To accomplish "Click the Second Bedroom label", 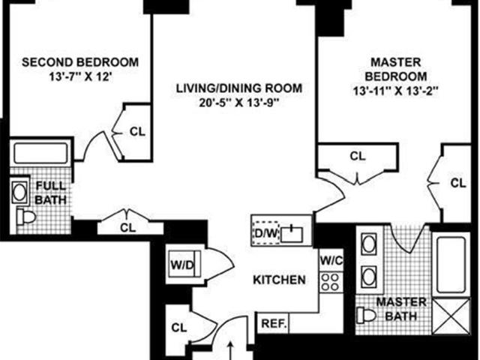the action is [80, 62].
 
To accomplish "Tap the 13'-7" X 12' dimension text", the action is [80, 76].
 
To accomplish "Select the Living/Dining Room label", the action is [239, 88].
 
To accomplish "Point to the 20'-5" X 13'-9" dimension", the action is [239, 103].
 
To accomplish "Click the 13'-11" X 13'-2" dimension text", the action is [396, 91].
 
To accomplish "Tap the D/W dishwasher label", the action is [265, 233].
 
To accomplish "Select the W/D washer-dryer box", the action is [183, 264].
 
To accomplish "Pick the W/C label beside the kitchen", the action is [331, 260].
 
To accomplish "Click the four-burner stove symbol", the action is [331, 282].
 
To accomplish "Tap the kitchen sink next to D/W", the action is [292, 233].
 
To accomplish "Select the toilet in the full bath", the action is [26, 217].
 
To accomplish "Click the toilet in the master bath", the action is [367, 314].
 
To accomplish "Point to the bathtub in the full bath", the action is [40, 153].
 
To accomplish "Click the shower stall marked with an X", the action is [451, 316].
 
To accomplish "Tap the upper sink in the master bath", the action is [369, 244].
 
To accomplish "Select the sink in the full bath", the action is [20, 192].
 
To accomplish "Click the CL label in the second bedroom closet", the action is [137, 132].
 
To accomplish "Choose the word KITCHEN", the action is [279, 280].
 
